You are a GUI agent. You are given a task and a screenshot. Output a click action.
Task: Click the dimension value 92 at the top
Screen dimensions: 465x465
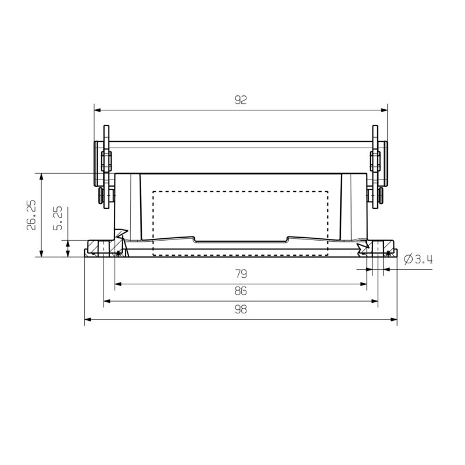click(241, 100)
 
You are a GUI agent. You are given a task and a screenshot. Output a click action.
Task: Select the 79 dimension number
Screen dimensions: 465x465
click(241, 274)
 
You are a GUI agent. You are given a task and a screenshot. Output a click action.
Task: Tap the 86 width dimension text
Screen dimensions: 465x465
click(241, 291)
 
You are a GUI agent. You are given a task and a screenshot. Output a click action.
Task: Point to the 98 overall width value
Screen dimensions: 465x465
click(241, 309)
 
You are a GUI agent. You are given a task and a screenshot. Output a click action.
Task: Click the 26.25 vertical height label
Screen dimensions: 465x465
click(31, 215)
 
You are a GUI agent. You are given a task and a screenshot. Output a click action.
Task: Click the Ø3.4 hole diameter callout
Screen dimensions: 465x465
click(418, 260)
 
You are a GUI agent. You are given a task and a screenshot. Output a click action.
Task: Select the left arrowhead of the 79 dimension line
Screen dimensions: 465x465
click(118, 284)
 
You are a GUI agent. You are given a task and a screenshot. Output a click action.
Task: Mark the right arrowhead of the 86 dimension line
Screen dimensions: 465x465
click(375, 301)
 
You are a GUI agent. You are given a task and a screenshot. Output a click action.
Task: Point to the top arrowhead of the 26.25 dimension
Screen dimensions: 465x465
click(41, 176)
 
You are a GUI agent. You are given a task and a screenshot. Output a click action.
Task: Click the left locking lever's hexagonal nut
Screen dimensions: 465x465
click(106, 160)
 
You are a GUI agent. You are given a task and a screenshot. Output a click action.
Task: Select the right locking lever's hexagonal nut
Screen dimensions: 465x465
click(375, 160)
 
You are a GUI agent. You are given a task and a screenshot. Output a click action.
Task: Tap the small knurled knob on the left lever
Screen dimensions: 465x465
click(102, 194)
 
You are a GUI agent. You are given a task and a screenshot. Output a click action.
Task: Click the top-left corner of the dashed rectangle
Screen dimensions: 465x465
click(153, 191)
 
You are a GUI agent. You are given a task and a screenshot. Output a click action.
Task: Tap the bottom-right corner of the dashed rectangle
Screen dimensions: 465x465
click(328, 255)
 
